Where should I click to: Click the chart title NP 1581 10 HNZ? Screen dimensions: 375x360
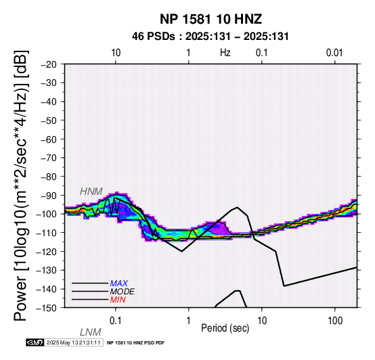(211, 19)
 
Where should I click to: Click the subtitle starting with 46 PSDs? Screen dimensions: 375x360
(211, 37)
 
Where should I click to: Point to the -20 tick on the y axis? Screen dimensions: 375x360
(49, 64)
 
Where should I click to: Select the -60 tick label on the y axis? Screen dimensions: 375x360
(49, 139)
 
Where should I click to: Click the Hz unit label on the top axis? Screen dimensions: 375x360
(225, 53)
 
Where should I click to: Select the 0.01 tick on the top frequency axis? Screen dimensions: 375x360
(334, 53)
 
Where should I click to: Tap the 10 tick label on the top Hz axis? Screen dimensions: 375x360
(116, 53)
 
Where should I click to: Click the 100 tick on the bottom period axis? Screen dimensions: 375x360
(335, 321)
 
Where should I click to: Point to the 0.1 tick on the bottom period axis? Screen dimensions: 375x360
(116, 321)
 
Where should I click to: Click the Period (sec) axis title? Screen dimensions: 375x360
(225, 328)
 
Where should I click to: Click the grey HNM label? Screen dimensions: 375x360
(91, 192)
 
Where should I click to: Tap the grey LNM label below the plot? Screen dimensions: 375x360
(91, 332)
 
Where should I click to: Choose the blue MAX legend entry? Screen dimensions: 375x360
(118, 284)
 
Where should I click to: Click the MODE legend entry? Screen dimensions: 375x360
(123, 292)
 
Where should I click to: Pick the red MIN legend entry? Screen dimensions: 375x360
(118, 300)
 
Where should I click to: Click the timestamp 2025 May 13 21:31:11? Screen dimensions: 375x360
(73, 342)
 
